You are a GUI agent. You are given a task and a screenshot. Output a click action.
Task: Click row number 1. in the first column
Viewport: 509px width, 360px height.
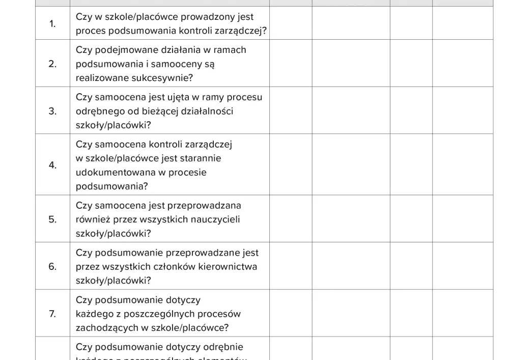point(52,24)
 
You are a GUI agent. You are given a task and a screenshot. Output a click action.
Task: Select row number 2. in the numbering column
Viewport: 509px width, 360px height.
point(52,64)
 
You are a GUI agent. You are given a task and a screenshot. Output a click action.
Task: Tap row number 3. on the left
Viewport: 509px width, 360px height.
point(52,111)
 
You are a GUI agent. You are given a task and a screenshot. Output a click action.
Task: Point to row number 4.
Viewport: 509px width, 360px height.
point(52,165)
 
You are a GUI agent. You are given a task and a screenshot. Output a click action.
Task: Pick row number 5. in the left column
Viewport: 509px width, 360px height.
point(52,219)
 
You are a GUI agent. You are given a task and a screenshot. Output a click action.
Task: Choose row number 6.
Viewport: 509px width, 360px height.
point(52,266)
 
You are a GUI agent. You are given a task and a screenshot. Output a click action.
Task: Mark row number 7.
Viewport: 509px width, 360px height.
point(52,314)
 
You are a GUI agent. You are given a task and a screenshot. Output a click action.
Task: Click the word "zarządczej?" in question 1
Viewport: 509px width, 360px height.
point(239,31)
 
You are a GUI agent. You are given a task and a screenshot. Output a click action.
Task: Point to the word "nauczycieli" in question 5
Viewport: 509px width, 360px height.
point(214,219)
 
